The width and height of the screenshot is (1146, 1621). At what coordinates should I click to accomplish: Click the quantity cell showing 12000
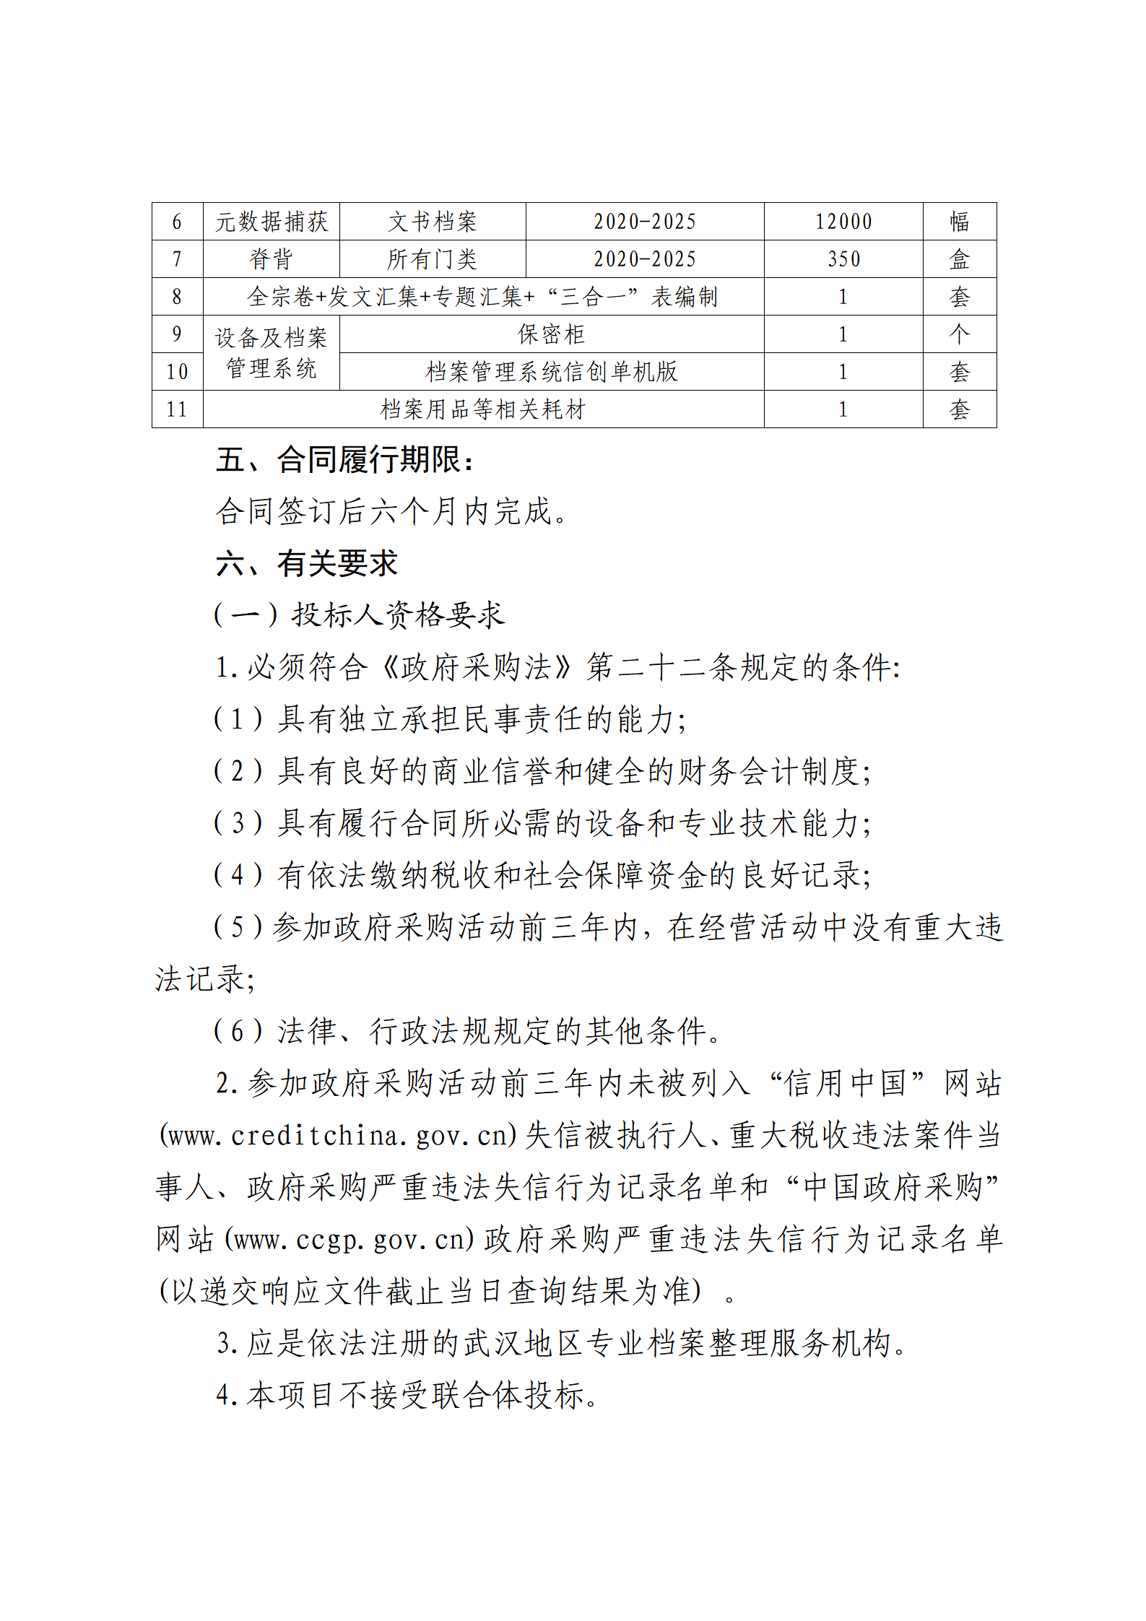pos(843,222)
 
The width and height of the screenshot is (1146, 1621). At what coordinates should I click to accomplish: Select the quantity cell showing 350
pos(843,259)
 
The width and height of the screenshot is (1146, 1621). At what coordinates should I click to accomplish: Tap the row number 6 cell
pos(177,222)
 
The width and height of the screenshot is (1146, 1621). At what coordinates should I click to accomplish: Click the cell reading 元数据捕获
pos(271,222)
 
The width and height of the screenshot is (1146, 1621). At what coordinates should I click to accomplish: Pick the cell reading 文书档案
pos(432,222)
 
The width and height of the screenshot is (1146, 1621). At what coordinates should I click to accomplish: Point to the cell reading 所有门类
pos(432,259)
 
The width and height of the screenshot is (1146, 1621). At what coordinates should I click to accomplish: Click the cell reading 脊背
pos(271,259)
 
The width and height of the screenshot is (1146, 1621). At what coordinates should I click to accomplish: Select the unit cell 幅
pos(959,222)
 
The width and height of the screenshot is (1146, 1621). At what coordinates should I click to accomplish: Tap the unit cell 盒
pos(959,259)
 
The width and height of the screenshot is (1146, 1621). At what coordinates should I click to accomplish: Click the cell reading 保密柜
pos(551,334)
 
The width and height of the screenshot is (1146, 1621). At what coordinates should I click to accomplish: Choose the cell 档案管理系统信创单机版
pos(551,372)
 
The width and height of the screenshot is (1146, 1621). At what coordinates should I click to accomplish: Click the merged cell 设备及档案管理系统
pos(271,353)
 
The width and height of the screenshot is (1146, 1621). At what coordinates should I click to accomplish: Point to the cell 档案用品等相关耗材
pos(482,409)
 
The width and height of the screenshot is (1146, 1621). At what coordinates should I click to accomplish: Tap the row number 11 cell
pos(177,409)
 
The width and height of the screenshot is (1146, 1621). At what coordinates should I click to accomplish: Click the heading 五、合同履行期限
pos(344,460)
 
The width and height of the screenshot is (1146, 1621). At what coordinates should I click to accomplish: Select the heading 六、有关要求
pos(306,564)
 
